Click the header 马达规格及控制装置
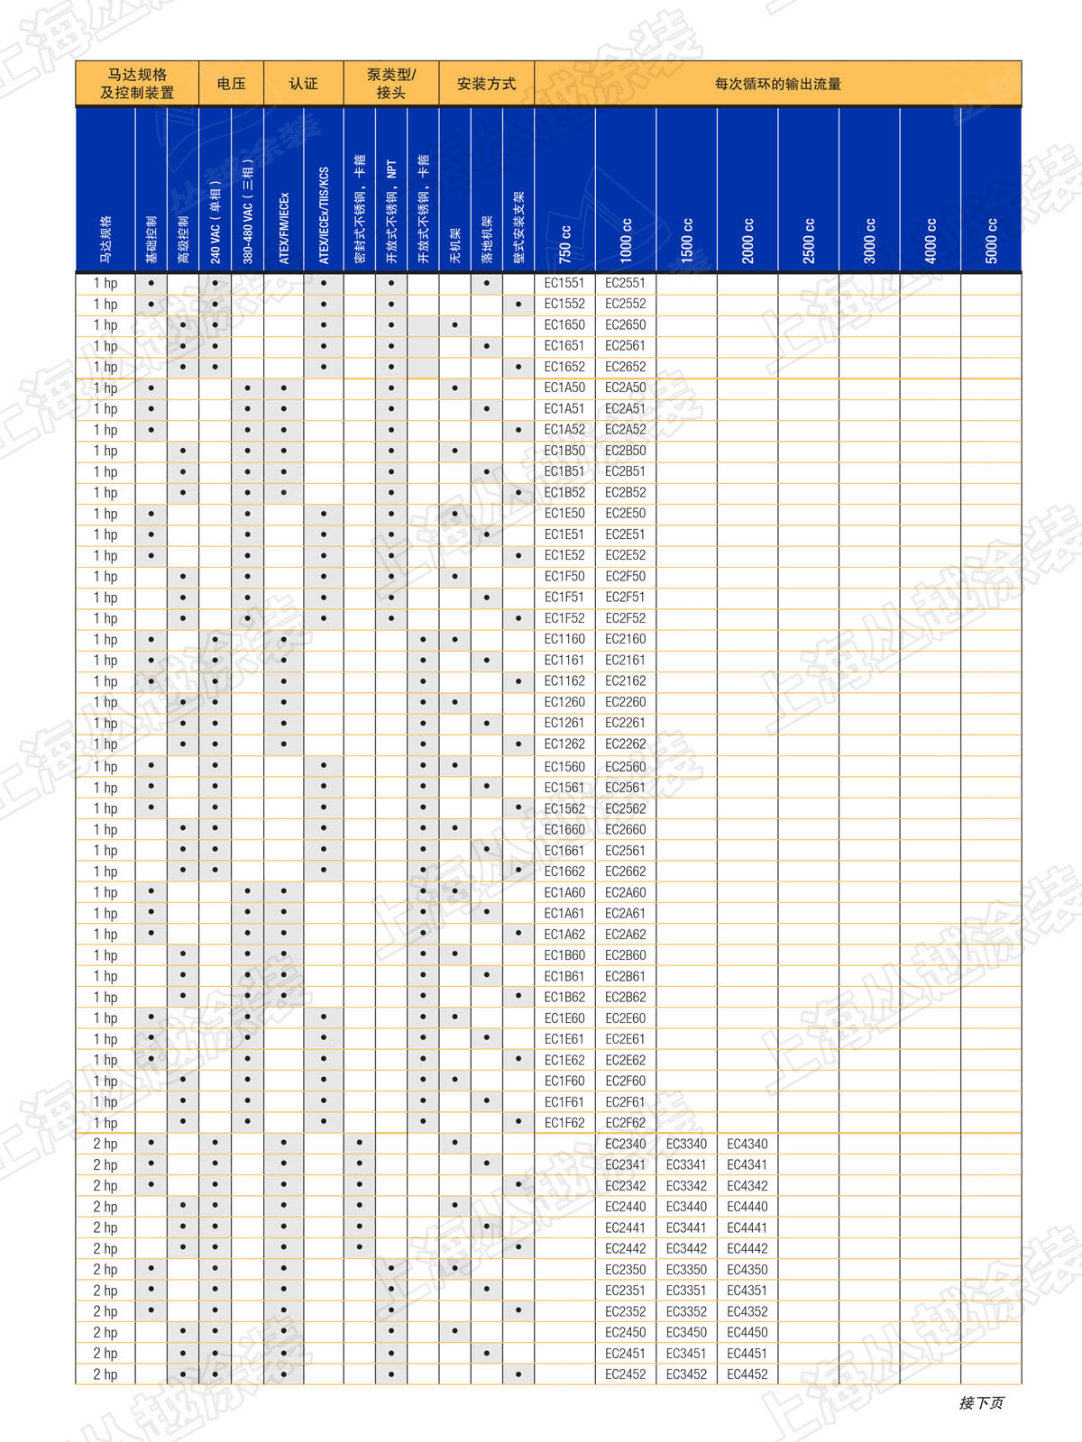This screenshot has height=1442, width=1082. [x=137, y=84]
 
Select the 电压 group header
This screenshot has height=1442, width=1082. [x=231, y=84]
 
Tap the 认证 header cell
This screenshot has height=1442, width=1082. [x=303, y=84]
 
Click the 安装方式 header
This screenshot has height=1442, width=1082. [x=486, y=84]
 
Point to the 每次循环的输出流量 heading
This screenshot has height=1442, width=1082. [x=777, y=84]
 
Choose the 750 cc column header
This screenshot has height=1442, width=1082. [x=565, y=243]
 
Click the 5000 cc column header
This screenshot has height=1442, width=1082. [x=991, y=240]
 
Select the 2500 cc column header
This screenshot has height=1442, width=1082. [x=809, y=240]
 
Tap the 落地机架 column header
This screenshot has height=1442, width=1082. [x=487, y=239]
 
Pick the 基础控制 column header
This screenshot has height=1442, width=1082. [x=151, y=239]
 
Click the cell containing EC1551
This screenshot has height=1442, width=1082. [x=564, y=283]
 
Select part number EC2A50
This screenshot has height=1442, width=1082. [x=625, y=388]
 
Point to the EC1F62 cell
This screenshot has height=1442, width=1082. [x=564, y=1123]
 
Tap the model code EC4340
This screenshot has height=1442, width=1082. [x=747, y=1144]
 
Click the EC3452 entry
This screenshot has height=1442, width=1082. [x=686, y=1374]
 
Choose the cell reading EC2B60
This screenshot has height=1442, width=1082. [x=625, y=955]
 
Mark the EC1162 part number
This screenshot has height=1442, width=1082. [x=564, y=681]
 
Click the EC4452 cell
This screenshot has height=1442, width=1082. [x=747, y=1374]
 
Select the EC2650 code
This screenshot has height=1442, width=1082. [x=625, y=324]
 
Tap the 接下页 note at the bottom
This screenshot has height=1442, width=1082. [x=981, y=1403]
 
